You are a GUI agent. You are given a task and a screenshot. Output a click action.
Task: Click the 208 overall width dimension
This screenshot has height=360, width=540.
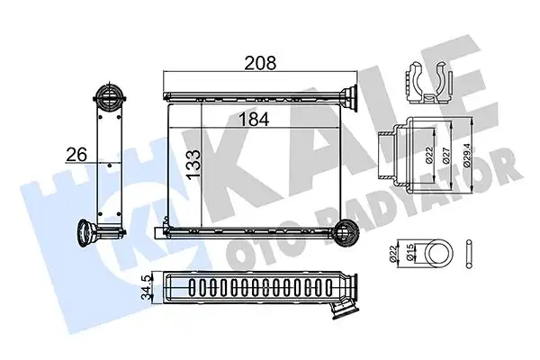(260, 64)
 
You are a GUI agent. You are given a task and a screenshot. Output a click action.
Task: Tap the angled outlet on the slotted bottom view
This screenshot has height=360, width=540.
(345, 309)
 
